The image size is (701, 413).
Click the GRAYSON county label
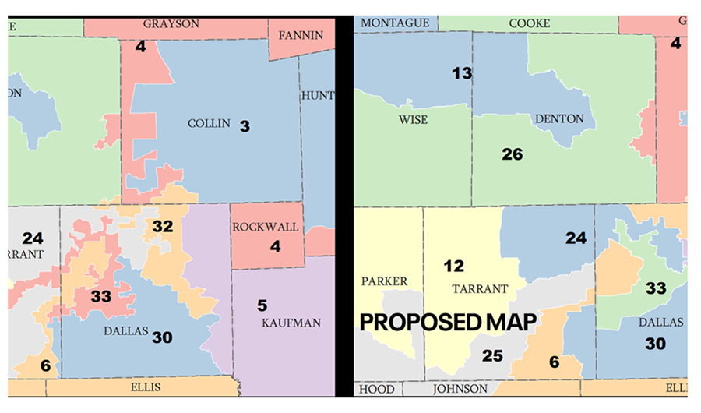(x=171, y=23)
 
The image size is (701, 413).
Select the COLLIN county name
(x=209, y=123)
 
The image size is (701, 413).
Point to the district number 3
(x=245, y=124)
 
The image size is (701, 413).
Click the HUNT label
(x=318, y=96)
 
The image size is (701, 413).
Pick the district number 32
(x=162, y=227)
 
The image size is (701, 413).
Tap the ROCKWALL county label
(x=266, y=227)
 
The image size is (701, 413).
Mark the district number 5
(x=262, y=305)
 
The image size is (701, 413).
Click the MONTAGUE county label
(x=394, y=23)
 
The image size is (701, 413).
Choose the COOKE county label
(x=529, y=23)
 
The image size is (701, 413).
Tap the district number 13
(x=462, y=73)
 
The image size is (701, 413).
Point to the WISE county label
(x=413, y=119)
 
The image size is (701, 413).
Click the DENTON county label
(x=559, y=118)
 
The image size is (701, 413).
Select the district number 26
(x=512, y=154)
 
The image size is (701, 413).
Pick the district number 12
(x=453, y=267)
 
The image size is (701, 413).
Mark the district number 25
(x=492, y=355)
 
